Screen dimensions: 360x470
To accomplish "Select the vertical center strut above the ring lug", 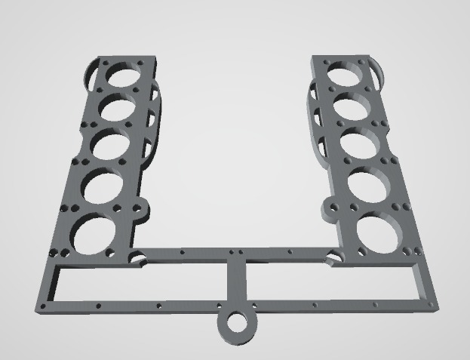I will click(237, 283).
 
